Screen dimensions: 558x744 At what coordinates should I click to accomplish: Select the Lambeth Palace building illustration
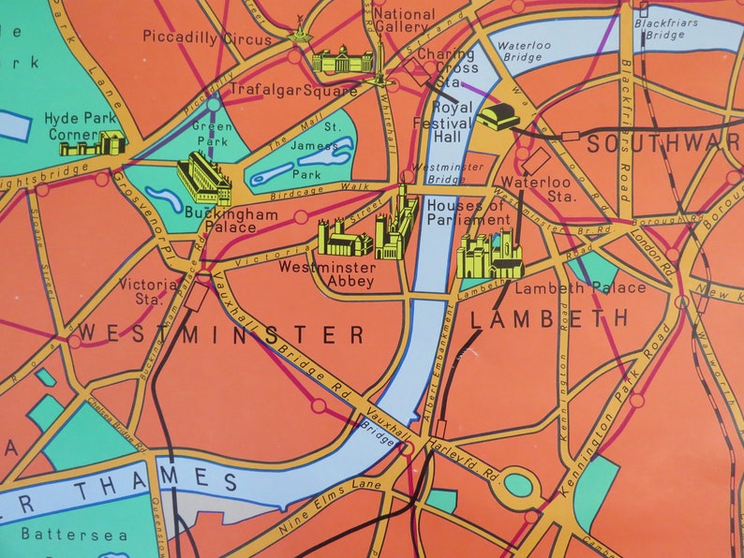[x=489, y=256]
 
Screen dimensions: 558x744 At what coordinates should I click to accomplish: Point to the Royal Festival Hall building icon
[x=498, y=117]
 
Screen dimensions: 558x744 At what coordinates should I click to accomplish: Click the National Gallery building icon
[x=342, y=61]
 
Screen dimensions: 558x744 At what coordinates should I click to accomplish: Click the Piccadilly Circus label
[x=206, y=37]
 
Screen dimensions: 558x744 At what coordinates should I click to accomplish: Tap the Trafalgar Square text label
[x=294, y=91]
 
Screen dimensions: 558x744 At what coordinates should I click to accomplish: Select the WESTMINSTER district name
[x=220, y=334]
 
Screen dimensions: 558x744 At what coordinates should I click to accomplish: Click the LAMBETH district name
[x=550, y=319]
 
